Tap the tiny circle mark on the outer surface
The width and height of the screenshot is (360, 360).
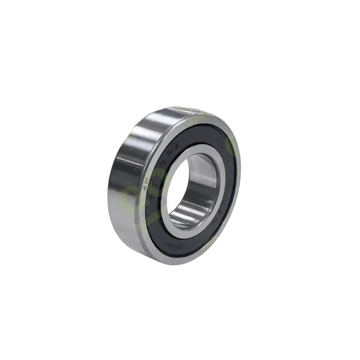[x=137, y=169]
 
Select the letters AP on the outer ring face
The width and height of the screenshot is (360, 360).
[x=146, y=188]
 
